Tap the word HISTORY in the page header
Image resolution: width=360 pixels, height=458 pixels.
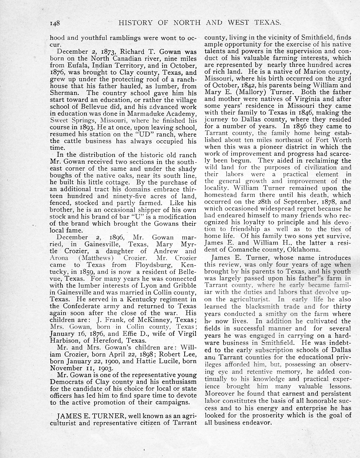[135, 23]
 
